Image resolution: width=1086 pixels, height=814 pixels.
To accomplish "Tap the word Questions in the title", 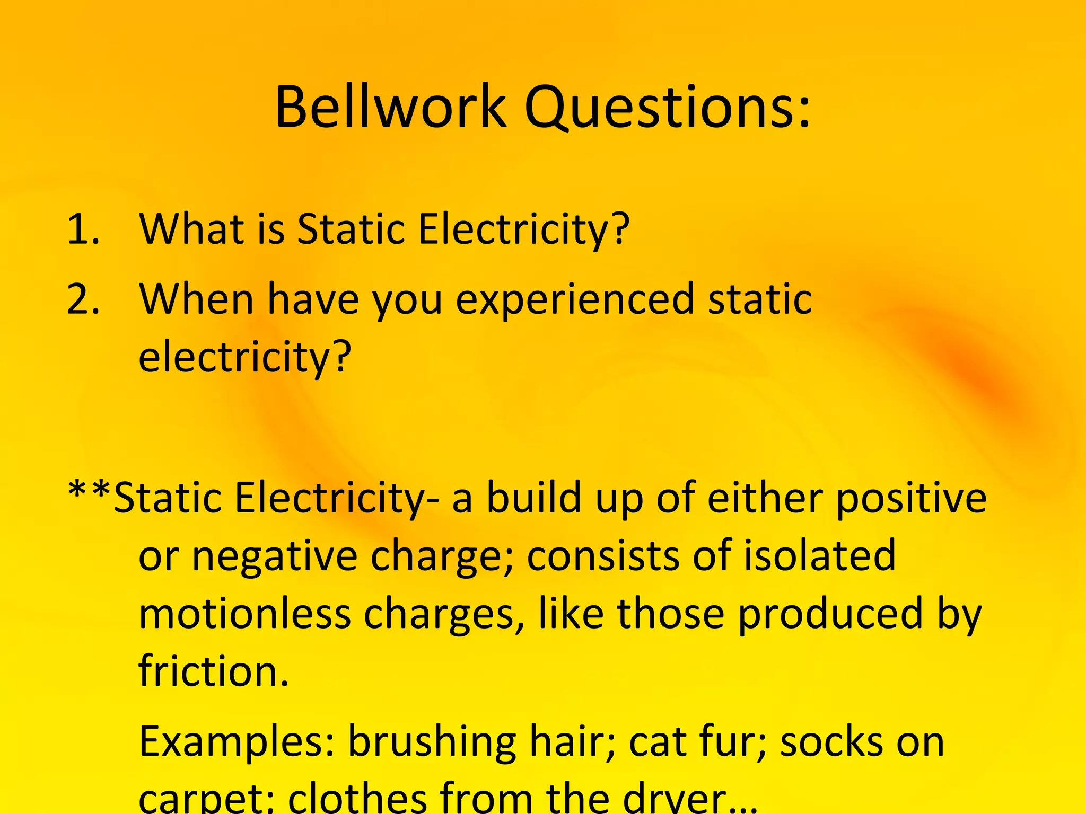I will [667, 109].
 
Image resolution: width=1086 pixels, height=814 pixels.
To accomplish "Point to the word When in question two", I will [196, 299].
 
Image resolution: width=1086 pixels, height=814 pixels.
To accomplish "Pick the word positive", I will [911, 500].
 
